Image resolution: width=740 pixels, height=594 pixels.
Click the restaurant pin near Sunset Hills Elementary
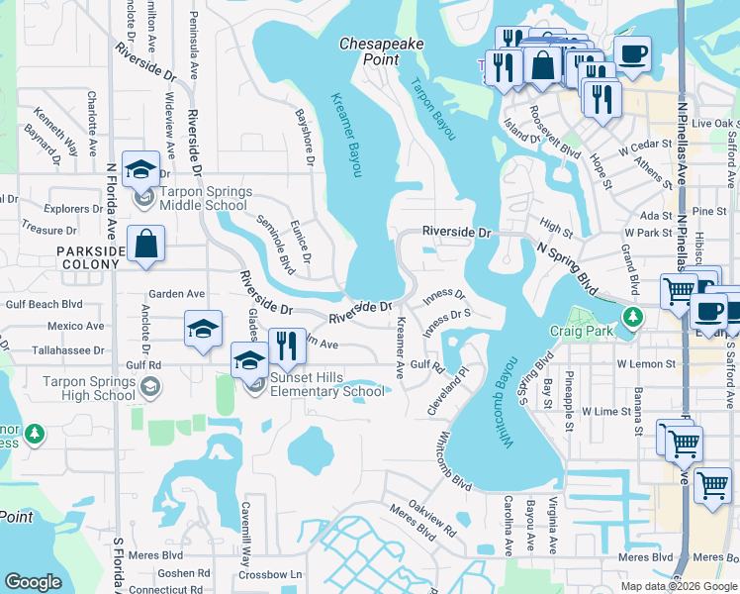(x=285, y=346)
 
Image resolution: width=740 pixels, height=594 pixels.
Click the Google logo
(x=34, y=581)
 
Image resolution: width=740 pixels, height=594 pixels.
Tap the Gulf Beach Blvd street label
(x=41, y=305)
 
